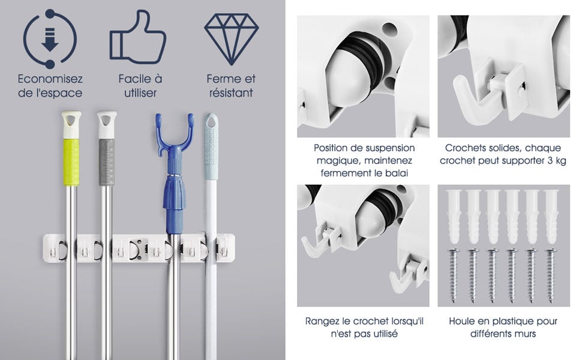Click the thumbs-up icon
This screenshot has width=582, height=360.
click(138, 37)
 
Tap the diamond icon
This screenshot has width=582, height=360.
click(231, 39)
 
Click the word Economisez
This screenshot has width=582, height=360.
click(50, 79)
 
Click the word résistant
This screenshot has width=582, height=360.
click(231, 93)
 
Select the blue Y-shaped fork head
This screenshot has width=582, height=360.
click(175, 136)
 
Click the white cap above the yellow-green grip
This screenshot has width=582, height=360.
click(71, 125)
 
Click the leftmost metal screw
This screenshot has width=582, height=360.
click(453, 275)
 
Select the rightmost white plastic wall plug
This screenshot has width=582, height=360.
click(551, 217)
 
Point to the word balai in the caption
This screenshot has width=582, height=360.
click(398, 173)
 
